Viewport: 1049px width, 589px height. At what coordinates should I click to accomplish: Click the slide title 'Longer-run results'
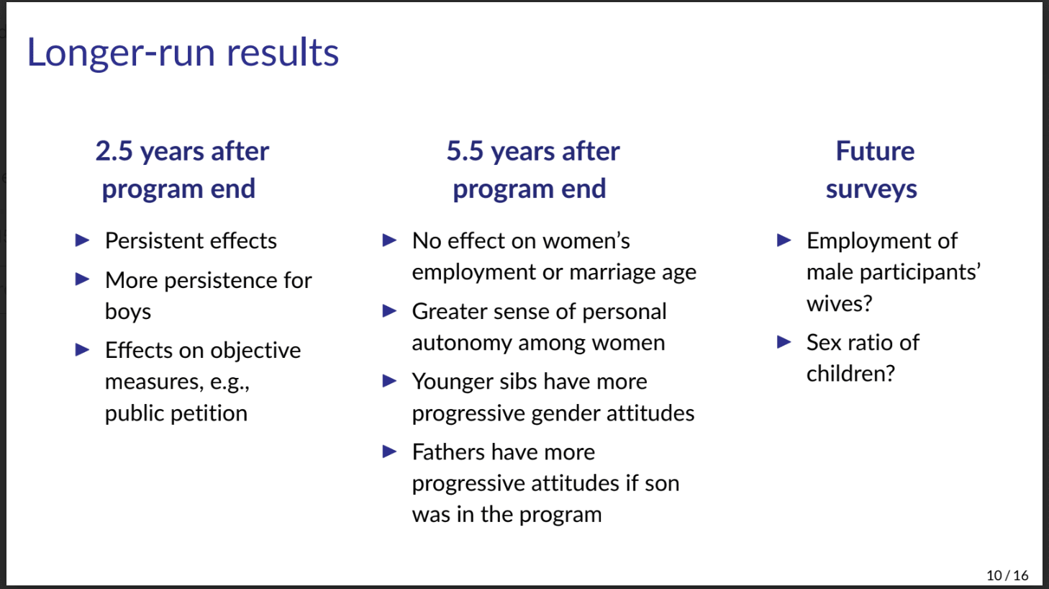click(183, 53)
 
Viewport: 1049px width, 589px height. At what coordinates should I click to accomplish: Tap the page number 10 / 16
click(1007, 575)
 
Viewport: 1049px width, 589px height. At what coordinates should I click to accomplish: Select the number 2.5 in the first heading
click(114, 151)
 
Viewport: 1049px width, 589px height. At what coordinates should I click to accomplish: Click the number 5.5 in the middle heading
click(465, 151)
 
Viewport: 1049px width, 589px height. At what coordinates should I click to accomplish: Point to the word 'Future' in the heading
click(875, 151)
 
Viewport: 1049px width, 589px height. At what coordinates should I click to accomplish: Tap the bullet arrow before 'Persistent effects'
click(83, 240)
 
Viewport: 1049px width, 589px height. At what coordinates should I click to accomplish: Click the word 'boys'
click(128, 311)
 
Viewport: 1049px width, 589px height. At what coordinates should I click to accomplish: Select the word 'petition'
click(209, 413)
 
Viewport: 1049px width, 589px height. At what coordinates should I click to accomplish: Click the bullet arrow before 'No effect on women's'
click(390, 240)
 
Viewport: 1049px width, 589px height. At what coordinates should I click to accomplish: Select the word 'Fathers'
click(448, 452)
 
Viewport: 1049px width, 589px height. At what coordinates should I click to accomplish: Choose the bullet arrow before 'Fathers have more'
click(390, 451)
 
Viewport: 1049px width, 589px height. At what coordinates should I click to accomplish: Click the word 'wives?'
click(839, 304)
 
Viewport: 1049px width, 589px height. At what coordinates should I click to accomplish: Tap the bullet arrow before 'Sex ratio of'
click(784, 342)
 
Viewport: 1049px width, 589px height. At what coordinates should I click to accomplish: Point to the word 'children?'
click(850, 374)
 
